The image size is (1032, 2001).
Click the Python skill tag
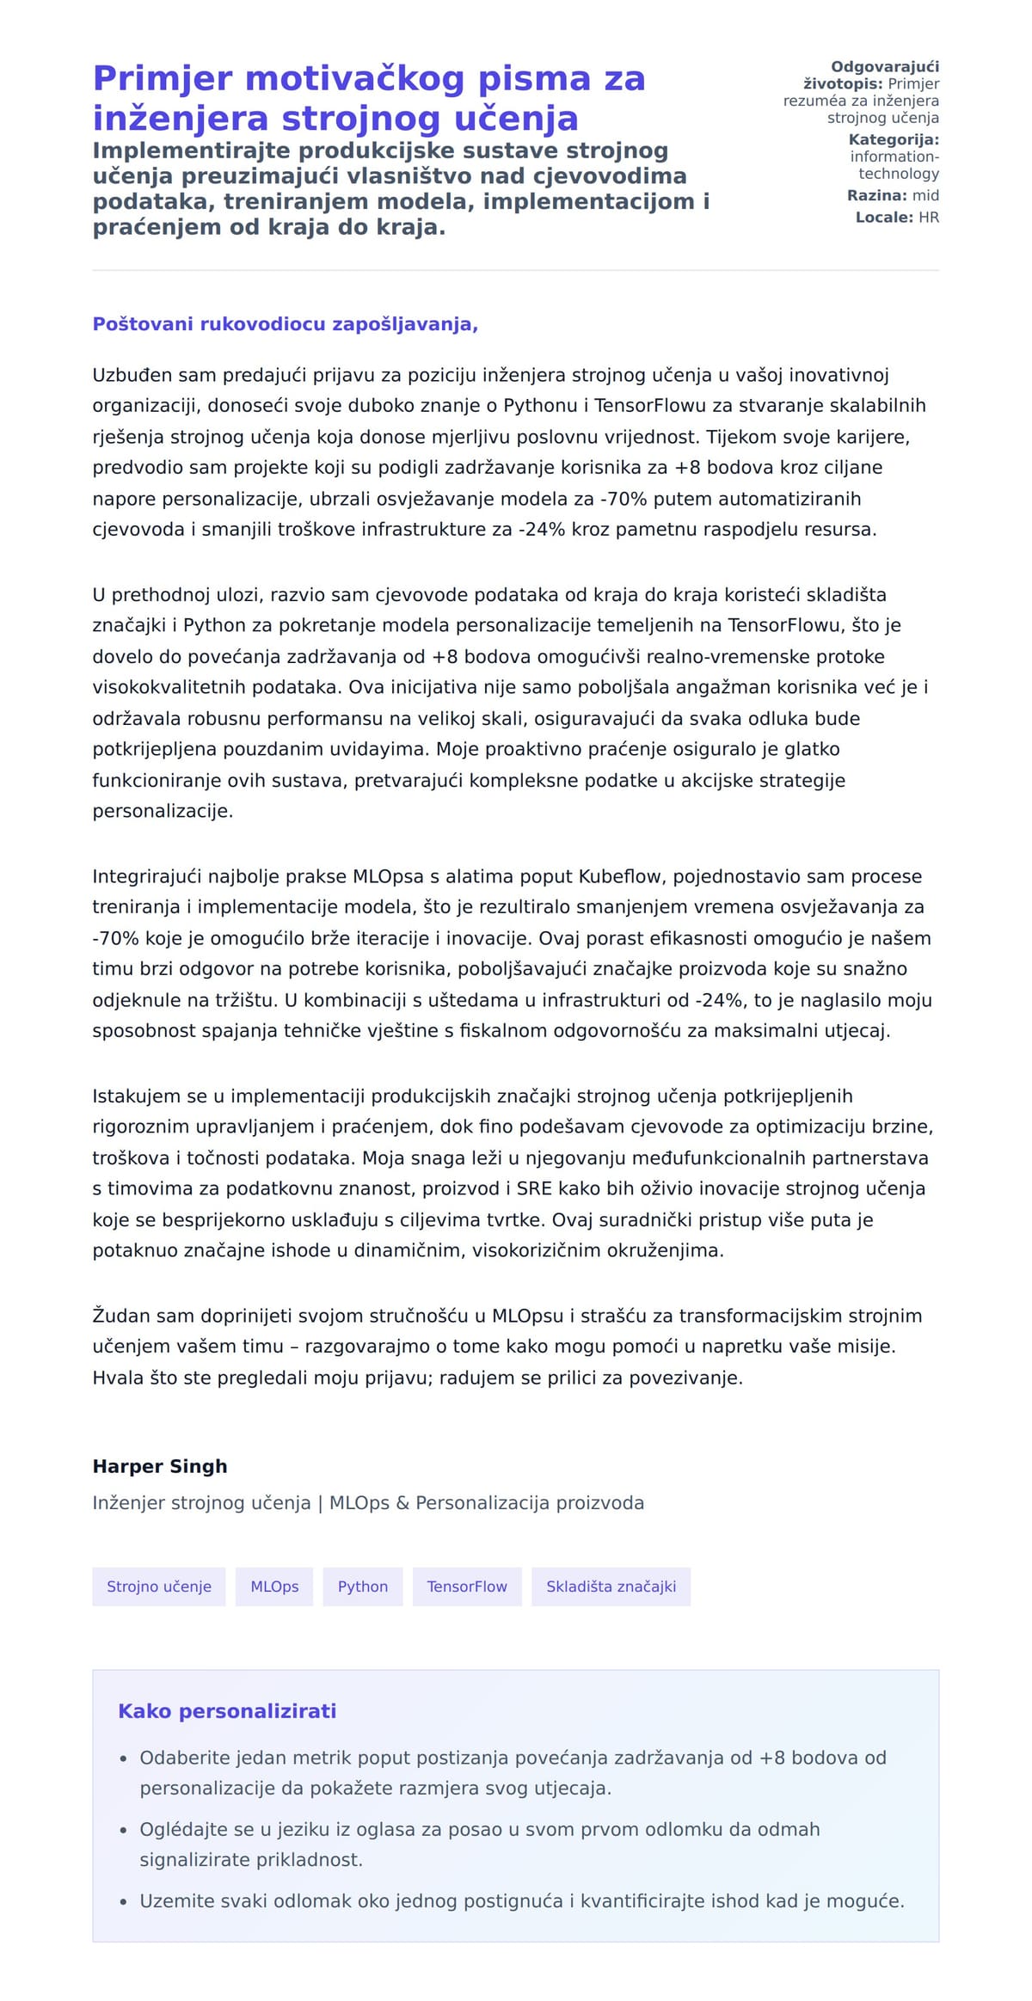[x=362, y=1587]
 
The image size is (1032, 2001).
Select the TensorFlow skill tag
[x=467, y=1587]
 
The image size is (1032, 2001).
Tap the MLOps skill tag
[x=274, y=1587]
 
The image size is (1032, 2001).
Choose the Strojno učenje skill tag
[x=159, y=1587]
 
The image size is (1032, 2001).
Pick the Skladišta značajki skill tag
[x=611, y=1587]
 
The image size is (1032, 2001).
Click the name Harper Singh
[x=160, y=1466]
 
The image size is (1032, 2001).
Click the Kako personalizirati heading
[x=227, y=1710]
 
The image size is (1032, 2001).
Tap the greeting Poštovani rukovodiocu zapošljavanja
[x=285, y=324]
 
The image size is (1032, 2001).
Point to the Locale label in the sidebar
[x=884, y=218]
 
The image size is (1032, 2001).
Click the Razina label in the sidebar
[x=876, y=196]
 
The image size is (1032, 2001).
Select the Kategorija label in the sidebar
[x=894, y=139]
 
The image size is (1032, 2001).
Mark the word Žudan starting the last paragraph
[x=122, y=1316]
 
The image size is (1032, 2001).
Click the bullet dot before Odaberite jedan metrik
[x=124, y=1759]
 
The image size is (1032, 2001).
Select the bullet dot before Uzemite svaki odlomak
[x=124, y=1902]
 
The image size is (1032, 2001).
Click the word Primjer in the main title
[x=163, y=79]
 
